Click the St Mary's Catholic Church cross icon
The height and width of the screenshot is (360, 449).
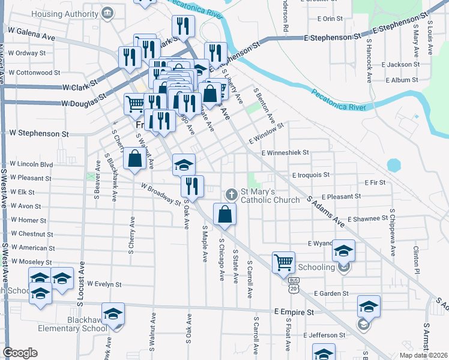[231, 194]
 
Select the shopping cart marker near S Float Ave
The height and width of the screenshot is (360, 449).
[283, 263]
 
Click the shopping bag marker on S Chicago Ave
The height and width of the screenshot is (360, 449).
[224, 215]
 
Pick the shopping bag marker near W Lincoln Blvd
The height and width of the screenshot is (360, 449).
[134, 159]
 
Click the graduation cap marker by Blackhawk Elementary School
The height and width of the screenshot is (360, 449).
[113, 314]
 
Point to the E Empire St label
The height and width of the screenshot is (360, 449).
[294, 313]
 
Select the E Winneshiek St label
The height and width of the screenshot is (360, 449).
[285, 152]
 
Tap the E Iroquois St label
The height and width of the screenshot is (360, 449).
[311, 175]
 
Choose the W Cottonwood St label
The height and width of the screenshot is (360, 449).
[34, 72]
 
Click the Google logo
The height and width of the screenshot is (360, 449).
[20, 353]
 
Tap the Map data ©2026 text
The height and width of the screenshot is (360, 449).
[423, 355]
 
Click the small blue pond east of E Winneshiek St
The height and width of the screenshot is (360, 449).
[394, 164]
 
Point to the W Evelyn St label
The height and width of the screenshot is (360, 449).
[104, 284]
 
